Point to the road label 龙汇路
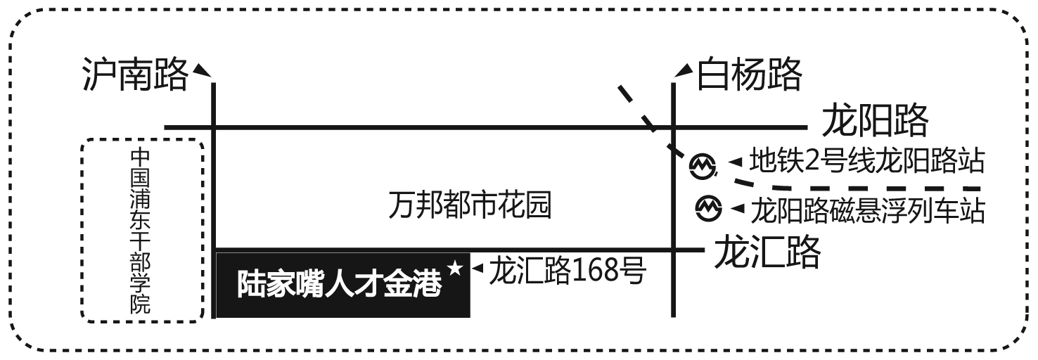(767, 251)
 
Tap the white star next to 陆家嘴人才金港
(455, 269)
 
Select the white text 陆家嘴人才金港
(340, 285)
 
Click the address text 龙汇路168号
(567, 270)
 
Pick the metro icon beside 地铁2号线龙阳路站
(703, 165)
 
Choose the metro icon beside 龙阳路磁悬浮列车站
(709, 207)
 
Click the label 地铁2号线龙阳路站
(866, 161)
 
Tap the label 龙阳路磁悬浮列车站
(869, 210)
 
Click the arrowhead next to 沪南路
(203, 70)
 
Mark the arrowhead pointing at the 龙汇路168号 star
(478, 268)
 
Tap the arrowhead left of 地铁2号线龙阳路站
(736, 163)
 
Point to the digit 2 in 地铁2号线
(812, 162)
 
